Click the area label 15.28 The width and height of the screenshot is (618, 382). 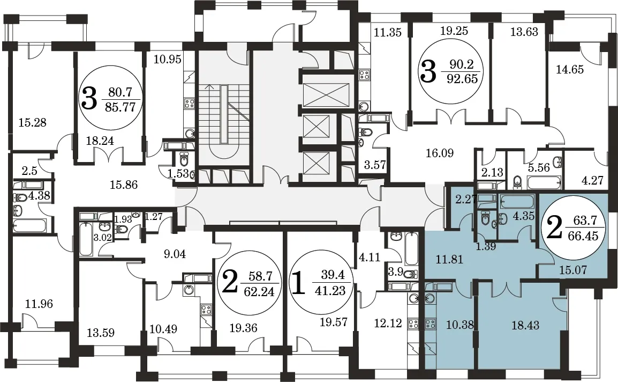point(33,122)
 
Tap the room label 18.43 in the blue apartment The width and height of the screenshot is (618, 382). point(525,326)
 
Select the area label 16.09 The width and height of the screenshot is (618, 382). point(440,153)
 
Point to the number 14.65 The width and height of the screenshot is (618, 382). point(569,70)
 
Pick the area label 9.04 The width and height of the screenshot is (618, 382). point(175,254)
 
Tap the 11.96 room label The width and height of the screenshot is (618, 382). point(39,304)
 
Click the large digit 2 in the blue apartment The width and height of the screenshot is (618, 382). point(555,229)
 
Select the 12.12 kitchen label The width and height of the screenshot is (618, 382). point(388,323)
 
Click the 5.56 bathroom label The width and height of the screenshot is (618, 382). point(539,167)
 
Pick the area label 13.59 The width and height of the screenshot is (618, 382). point(101,333)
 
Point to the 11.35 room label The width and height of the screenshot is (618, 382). point(387,32)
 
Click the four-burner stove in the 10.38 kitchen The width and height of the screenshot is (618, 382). point(431,324)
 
